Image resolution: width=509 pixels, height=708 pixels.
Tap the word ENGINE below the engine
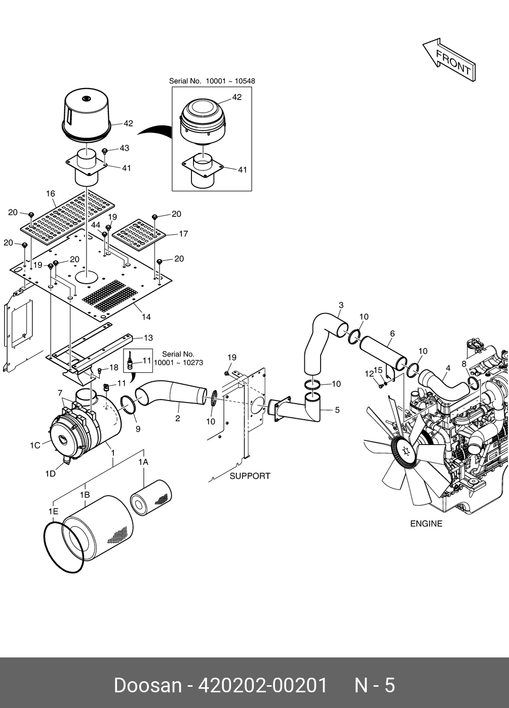point(426,524)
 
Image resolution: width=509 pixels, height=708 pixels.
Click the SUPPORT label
point(250,476)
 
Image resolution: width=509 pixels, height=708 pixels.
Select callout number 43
point(125,148)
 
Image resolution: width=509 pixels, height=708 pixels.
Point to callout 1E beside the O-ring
point(54,511)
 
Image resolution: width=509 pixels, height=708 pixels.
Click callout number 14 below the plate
point(146,317)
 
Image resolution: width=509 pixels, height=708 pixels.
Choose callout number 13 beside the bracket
point(148,338)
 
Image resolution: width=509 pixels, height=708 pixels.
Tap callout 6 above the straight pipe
point(393,333)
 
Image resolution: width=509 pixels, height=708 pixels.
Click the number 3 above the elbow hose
point(341,305)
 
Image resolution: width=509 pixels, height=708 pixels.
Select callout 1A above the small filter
point(143,462)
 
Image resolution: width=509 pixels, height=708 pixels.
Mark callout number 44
point(96,225)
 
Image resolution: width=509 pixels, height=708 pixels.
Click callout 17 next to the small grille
point(183,234)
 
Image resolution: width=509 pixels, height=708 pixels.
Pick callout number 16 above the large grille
point(51,193)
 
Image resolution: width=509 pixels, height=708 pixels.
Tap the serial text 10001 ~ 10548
point(230,81)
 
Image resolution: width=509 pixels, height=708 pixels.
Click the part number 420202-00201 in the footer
point(262,686)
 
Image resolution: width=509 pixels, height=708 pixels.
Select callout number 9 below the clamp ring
point(138,429)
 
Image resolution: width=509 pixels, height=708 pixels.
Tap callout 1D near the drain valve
point(50,474)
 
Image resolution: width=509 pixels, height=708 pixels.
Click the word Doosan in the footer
point(148,686)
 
